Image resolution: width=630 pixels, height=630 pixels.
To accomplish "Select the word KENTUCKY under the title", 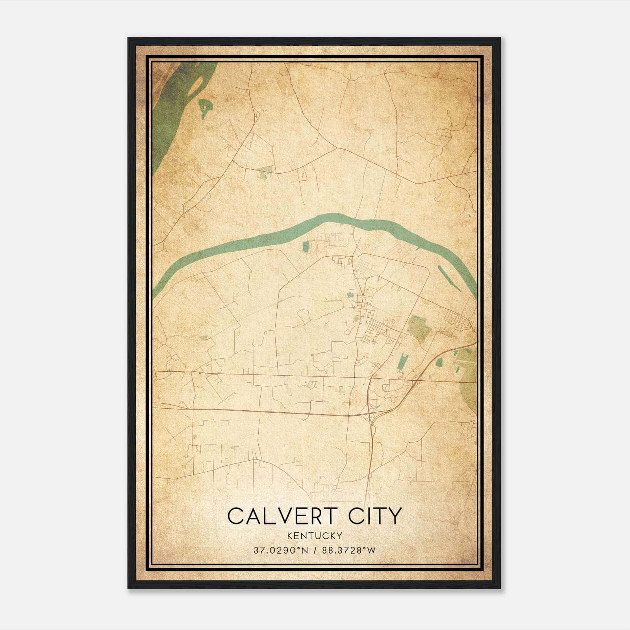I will click(315, 535).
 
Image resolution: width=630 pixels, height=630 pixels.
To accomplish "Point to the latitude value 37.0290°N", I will click(281, 550).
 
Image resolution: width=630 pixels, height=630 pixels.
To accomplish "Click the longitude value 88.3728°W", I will click(348, 550).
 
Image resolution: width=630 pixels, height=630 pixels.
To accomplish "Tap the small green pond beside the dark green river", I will click(205, 106).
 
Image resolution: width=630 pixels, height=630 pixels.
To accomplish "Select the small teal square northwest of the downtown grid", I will click(350, 295).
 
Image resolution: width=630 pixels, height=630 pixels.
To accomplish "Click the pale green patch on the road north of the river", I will click(265, 170).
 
